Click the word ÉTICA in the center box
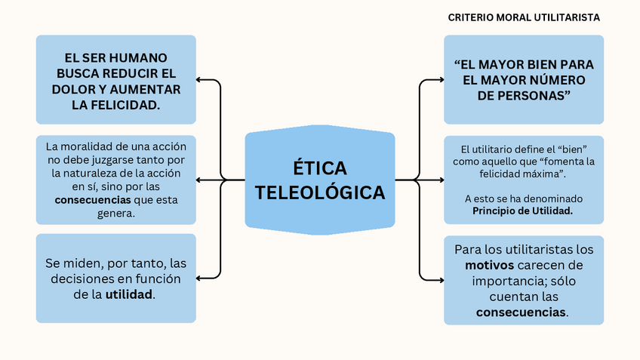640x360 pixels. click(x=320, y=167)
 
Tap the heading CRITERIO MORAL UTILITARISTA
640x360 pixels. click(x=524, y=17)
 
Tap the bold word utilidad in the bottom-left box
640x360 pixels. click(x=129, y=294)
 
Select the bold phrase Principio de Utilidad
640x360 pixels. click(x=523, y=211)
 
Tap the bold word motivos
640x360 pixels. click(x=489, y=265)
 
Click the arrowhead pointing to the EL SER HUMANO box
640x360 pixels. click(x=199, y=78)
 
